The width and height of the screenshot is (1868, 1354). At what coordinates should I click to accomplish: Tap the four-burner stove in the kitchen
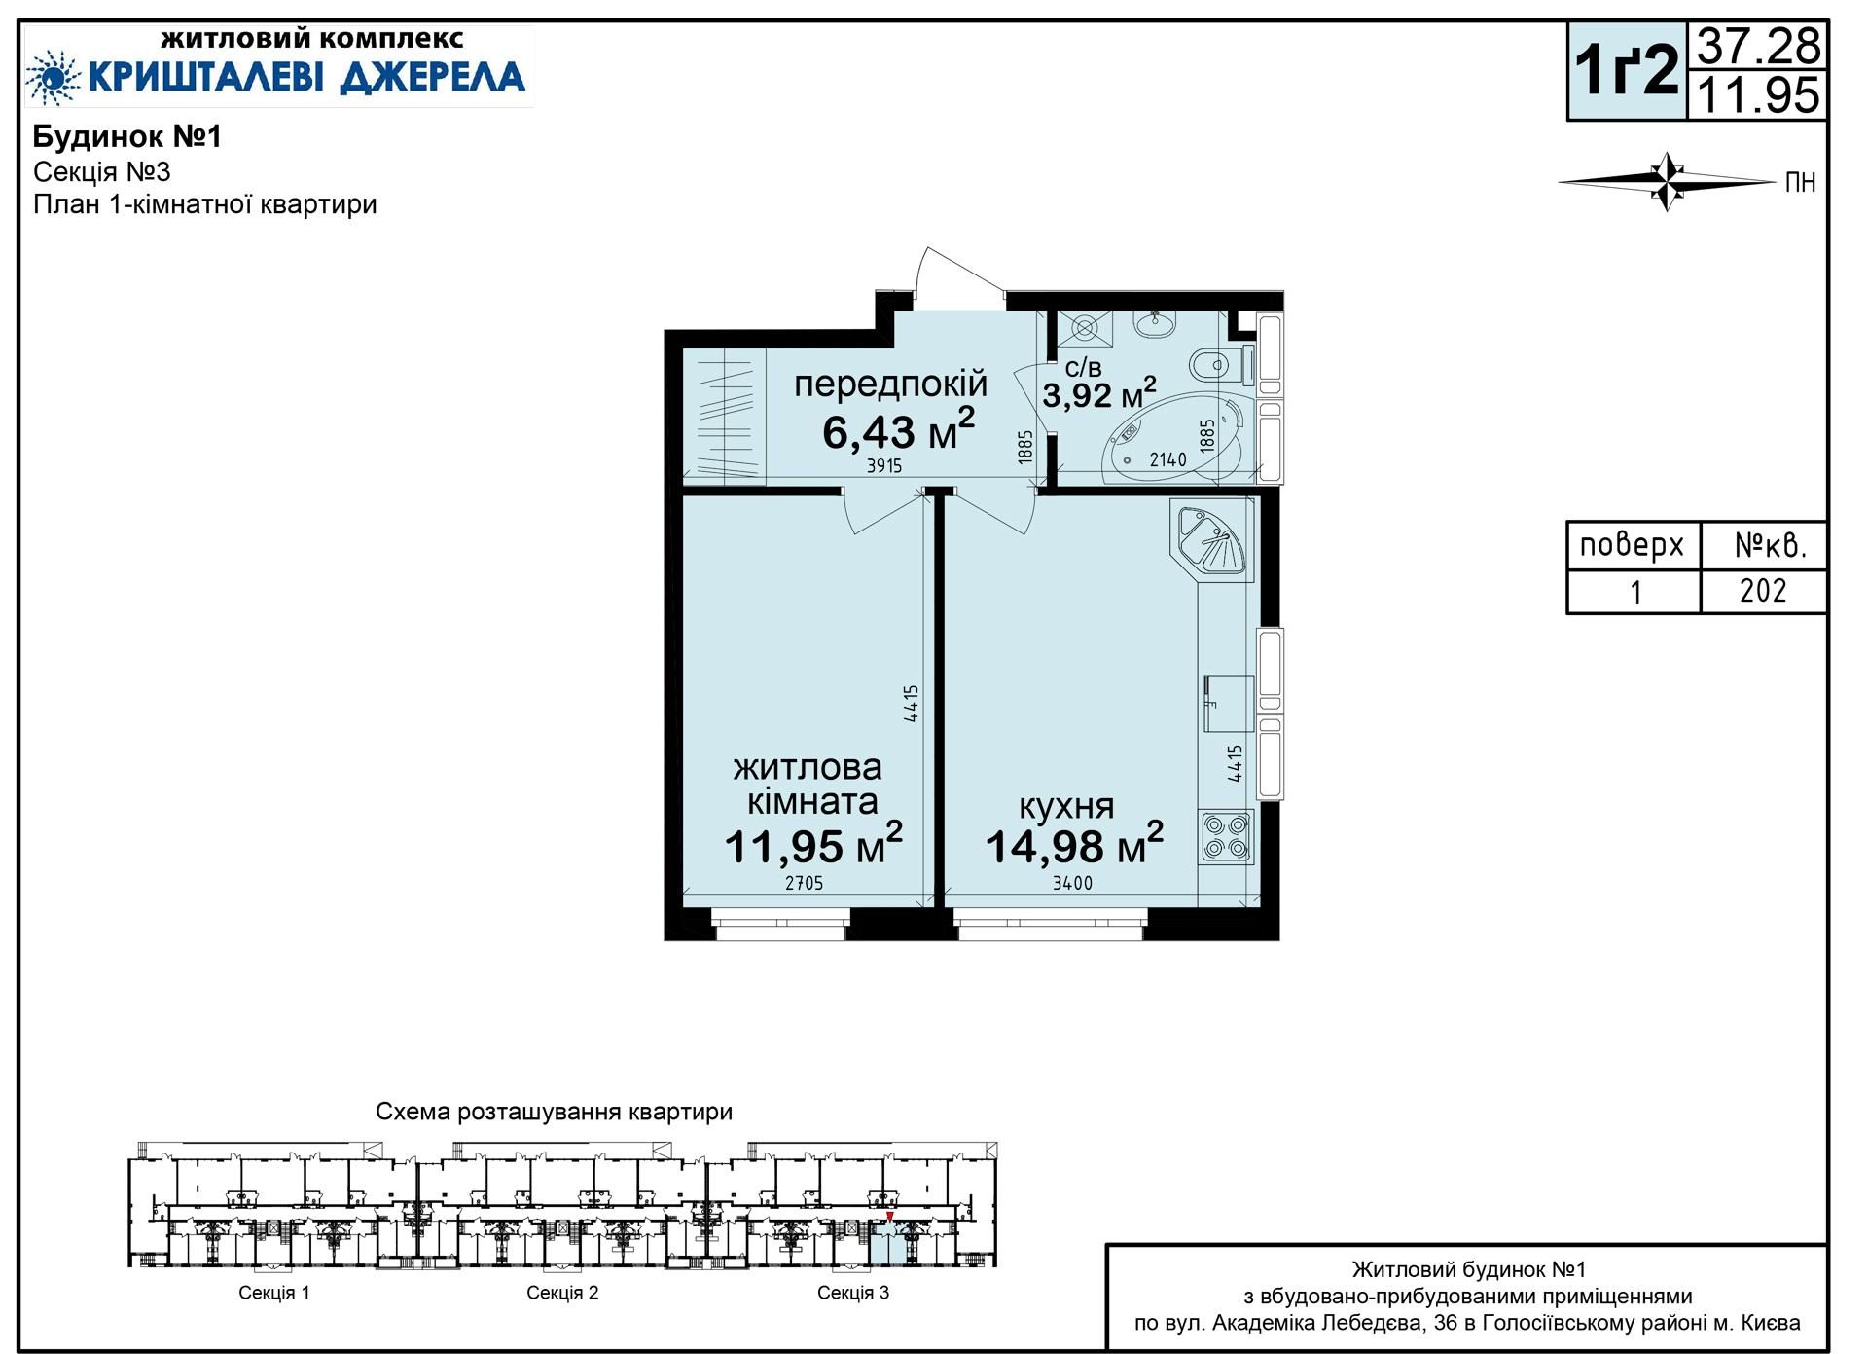[1226, 837]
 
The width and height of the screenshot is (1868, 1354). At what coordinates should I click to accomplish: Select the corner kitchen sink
[1211, 540]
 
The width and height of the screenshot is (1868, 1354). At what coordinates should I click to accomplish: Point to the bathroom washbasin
[1155, 324]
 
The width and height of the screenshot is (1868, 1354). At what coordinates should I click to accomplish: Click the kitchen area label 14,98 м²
[1074, 844]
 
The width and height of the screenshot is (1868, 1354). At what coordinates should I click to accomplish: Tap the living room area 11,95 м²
[813, 844]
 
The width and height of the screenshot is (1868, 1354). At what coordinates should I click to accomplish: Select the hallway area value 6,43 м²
[898, 429]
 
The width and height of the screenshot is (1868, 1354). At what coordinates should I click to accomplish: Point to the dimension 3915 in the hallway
[884, 466]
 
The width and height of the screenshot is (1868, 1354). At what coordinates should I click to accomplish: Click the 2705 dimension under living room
[804, 883]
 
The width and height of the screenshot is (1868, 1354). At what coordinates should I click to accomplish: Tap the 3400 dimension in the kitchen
[1072, 883]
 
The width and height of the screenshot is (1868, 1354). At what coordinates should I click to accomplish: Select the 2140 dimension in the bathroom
[1167, 459]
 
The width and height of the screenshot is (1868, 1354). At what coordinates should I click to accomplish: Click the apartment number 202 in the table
[1763, 591]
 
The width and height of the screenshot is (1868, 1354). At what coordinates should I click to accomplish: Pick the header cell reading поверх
[1632, 545]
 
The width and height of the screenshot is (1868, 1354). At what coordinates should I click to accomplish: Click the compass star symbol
[1668, 181]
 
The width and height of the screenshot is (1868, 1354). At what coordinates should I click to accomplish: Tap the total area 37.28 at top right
[1758, 46]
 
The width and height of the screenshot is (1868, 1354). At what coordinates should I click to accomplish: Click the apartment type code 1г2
[1627, 69]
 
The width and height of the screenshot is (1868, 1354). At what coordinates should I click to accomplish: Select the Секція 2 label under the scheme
[562, 1293]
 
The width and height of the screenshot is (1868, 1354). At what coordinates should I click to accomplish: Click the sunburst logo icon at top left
[53, 77]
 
